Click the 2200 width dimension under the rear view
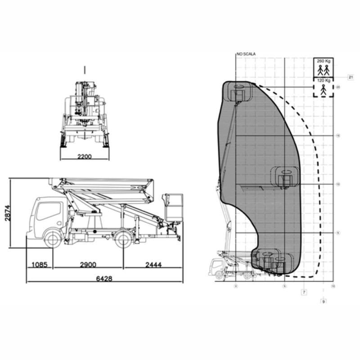[x=84, y=157]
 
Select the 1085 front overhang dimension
[x=40, y=265]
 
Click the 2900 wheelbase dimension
[x=88, y=265]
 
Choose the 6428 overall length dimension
[x=104, y=279]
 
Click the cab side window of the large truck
[x=49, y=211]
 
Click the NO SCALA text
[x=246, y=54]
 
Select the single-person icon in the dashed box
[x=324, y=90]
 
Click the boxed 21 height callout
[x=351, y=77]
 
